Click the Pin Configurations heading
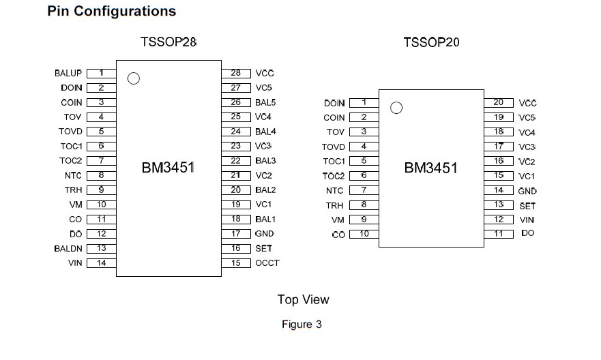click(111, 12)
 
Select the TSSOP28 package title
click(168, 42)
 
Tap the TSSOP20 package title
click(431, 43)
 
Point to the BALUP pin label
click(68, 73)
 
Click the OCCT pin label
click(267, 263)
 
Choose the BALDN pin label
click(68, 249)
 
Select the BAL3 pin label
click(265, 161)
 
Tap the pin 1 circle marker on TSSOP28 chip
click(134, 78)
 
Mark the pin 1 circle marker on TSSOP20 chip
click(396, 108)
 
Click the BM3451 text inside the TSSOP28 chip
click(168, 168)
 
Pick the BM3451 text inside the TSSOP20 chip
click(431, 168)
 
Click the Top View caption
click(303, 299)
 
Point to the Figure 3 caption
click(302, 325)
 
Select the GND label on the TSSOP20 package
click(527, 191)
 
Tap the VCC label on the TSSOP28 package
click(265, 73)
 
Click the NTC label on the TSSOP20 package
click(334, 191)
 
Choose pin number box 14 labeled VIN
click(101, 263)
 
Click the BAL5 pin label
click(265, 102)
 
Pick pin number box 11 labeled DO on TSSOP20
click(499, 233)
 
